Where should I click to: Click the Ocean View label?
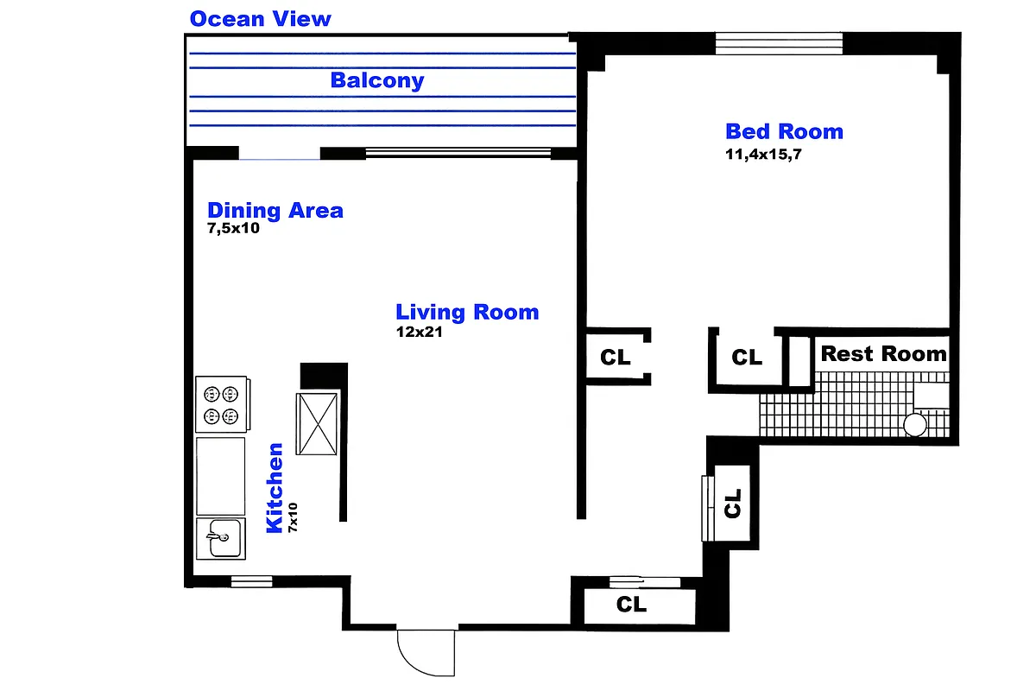coord(260,18)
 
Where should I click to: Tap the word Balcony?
coord(377,80)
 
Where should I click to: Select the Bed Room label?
coord(784,131)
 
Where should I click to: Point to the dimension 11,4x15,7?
coord(767,155)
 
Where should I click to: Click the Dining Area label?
coord(275,210)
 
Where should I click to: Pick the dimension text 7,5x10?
coord(233,229)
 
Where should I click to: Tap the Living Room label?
coord(467,312)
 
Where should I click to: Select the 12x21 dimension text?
coord(419,332)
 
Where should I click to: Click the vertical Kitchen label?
coord(275,487)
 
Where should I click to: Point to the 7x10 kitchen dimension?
coord(294,517)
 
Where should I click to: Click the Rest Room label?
coord(883,353)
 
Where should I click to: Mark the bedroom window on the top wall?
coord(779,43)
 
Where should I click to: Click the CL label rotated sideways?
coord(733,503)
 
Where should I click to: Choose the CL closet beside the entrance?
coord(632,605)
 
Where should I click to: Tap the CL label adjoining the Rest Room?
coord(747,357)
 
